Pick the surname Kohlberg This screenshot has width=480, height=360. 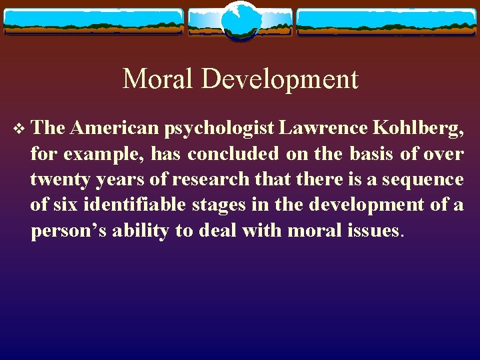click(x=417, y=128)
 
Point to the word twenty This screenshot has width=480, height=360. click(x=57, y=179)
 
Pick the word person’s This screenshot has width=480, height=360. click(x=68, y=231)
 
